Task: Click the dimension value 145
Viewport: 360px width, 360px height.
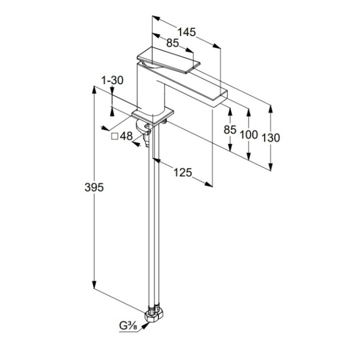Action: click(x=186, y=32)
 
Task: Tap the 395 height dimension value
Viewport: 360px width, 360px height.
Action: click(x=94, y=187)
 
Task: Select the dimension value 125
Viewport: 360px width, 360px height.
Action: click(x=182, y=172)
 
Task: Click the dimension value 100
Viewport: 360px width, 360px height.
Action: click(x=249, y=134)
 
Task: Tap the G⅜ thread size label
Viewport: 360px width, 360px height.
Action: click(x=129, y=326)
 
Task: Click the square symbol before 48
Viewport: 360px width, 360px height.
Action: click(x=114, y=135)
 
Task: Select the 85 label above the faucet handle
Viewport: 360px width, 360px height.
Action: click(x=172, y=43)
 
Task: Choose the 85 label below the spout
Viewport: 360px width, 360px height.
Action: click(x=229, y=129)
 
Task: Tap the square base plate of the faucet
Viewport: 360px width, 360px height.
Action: click(x=153, y=116)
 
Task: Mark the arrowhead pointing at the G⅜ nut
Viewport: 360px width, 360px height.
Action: click(x=145, y=324)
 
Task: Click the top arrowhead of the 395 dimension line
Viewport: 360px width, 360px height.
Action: click(x=94, y=90)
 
